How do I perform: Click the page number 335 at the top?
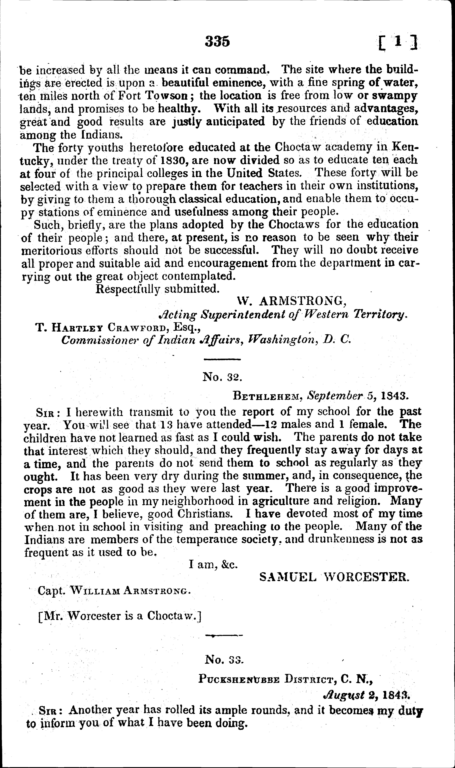(x=217, y=41)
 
